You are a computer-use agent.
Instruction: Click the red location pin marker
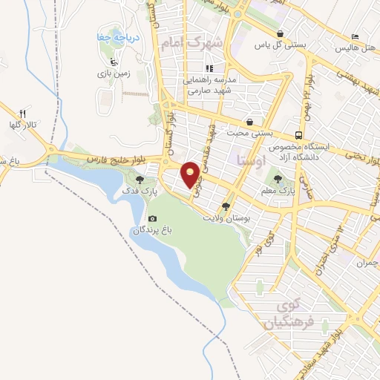(191, 174)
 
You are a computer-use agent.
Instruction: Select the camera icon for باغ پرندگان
(152, 218)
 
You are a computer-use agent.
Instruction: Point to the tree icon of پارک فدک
(142, 179)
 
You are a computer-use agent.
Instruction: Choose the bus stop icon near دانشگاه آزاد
(298, 135)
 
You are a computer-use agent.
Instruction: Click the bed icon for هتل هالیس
(355, 37)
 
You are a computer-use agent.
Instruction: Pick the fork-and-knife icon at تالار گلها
(22, 113)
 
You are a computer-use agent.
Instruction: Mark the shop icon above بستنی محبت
(249, 122)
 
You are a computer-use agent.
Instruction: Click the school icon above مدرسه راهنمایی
(210, 68)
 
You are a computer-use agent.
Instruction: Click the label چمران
(367, 263)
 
